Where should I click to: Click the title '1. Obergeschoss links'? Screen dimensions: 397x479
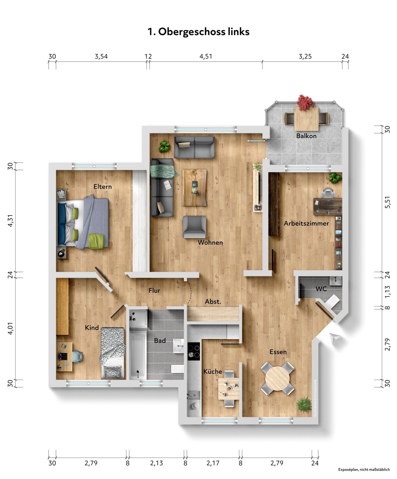click(x=198, y=32)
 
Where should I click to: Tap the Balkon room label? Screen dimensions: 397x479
click(x=306, y=136)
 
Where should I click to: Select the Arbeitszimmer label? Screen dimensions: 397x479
click(x=306, y=223)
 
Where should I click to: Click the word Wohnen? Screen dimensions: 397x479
click(x=210, y=243)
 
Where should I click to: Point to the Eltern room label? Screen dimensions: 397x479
click(x=102, y=187)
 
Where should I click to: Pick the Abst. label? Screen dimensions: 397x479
click(x=213, y=301)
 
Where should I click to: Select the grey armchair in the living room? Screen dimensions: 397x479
click(x=195, y=227)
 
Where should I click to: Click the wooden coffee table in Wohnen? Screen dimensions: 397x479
click(x=195, y=187)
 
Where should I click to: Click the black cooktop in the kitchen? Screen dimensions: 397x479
click(x=194, y=351)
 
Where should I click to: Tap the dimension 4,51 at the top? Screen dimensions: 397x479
click(x=206, y=56)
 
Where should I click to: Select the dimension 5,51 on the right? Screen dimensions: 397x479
click(x=387, y=202)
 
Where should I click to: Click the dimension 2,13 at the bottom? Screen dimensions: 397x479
click(x=157, y=463)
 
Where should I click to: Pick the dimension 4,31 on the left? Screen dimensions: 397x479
click(x=10, y=221)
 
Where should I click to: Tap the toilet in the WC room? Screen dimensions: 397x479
click(x=333, y=301)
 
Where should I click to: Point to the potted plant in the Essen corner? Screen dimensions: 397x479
click(x=304, y=405)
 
